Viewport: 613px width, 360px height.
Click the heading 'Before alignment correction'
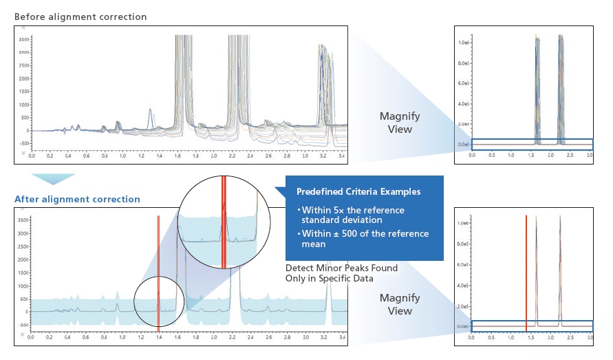[x=80, y=17]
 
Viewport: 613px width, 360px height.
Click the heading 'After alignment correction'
[x=77, y=200]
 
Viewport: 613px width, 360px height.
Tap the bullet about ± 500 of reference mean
[x=365, y=239]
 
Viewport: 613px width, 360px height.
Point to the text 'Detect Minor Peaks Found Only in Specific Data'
[x=341, y=273]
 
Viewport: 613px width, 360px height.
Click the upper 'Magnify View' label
[x=400, y=123]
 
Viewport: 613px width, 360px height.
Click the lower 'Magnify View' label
[x=400, y=304]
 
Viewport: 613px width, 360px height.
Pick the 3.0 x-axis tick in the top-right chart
[x=590, y=157]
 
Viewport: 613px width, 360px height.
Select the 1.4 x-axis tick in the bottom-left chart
[x=158, y=339]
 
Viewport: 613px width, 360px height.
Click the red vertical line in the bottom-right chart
[x=526, y=272]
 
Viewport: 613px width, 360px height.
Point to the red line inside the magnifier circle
[x=223, y=220]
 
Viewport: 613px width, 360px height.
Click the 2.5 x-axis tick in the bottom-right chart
[x=570, y=339]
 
